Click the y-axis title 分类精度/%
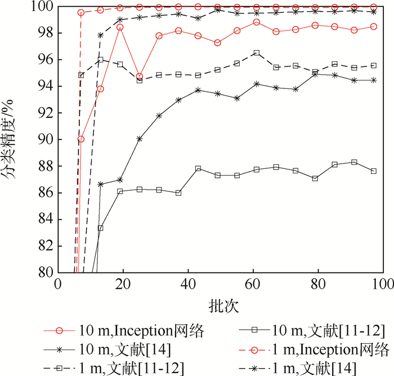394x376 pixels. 12,138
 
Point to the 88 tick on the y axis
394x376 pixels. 46,166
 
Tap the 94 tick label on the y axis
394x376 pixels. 46,86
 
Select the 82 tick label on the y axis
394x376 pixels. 46,246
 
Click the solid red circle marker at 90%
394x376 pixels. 80,139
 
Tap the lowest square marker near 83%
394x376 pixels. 100,228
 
